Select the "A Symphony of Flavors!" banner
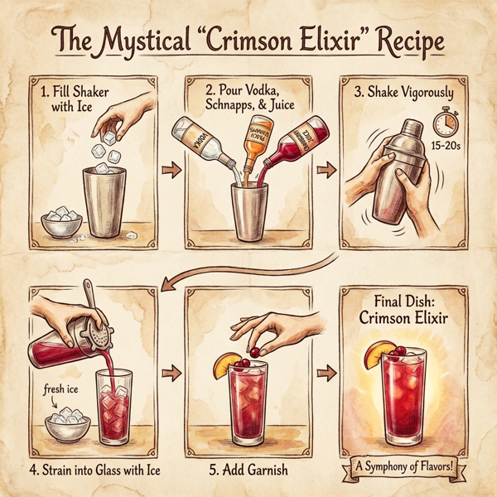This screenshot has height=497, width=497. pos(405,467)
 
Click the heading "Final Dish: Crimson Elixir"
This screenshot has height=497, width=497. pos(406,308)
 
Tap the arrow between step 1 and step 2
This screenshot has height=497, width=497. pos(168,171)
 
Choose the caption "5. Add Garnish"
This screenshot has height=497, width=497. pos(248,470)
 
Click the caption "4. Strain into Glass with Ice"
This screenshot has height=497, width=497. pos(93,470)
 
